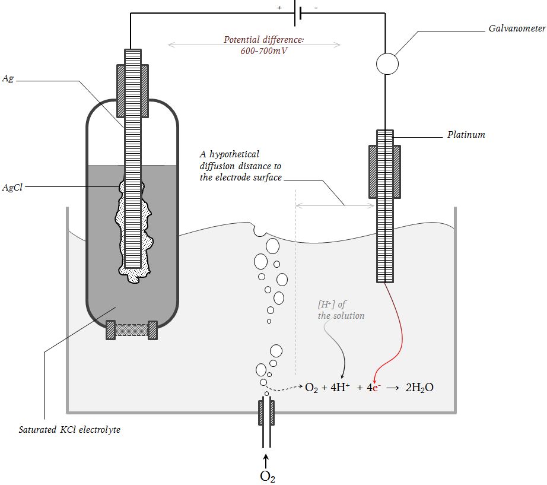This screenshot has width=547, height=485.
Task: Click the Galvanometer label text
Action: [x=517, y=28]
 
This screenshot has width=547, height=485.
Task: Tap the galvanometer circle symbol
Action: [x=387, y=64]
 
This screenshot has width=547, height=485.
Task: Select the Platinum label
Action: [x=466, y=135]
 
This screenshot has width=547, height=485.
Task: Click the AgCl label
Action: [x=12, y=188]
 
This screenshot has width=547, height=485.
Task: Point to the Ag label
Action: [x=8, y=78]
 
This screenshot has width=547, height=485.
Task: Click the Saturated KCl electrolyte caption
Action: [x=69, y=429]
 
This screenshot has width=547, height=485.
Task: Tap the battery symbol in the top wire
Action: [x=298, y=13]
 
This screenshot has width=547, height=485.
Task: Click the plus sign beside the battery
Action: [x=279, y=8]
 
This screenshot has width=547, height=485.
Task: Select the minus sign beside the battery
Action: [x=316, y=8]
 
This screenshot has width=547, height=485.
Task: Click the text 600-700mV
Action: [x=264, y=51]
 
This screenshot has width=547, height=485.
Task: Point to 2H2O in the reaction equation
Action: [x=419, y=388]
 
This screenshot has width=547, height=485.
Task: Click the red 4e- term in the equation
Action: [x=374, y=387]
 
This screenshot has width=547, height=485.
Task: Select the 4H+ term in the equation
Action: [x=340, y=387]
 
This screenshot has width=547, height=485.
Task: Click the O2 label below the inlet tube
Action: [x=268, y=477]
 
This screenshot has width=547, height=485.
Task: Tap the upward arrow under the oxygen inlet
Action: [x=266, y=461]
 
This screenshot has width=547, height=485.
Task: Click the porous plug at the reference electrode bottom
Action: [x=132, y=330]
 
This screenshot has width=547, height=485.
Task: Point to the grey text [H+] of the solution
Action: [x=341, y=310]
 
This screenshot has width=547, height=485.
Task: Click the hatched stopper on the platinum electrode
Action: [x=385, y=172]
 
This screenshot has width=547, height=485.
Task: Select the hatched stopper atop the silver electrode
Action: [x=132, y=91]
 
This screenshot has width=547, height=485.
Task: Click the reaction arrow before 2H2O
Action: [x=393, y=388]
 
